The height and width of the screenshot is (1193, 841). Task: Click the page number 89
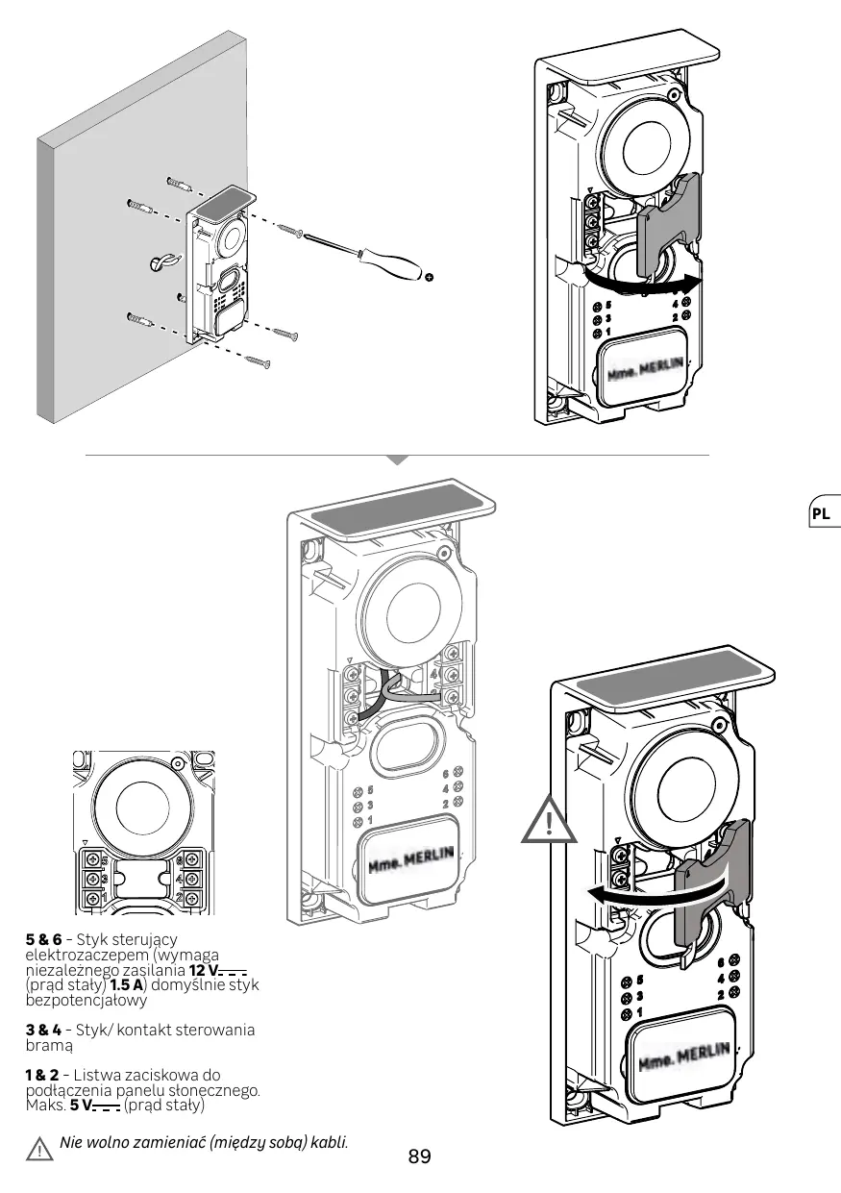[420, 1156]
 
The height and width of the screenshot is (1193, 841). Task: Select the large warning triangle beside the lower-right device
[549, 820]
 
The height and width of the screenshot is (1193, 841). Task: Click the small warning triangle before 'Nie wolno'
[39, 1150]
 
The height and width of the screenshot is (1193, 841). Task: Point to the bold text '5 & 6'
[43, 939]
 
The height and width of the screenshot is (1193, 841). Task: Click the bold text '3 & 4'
[43, 1030]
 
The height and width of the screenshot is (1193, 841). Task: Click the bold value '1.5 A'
[127, 984]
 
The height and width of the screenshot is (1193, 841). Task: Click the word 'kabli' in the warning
[330, 1142]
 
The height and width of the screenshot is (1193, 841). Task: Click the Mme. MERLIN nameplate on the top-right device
[643, 368]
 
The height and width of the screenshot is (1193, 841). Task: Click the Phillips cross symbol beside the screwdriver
[430, 277]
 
